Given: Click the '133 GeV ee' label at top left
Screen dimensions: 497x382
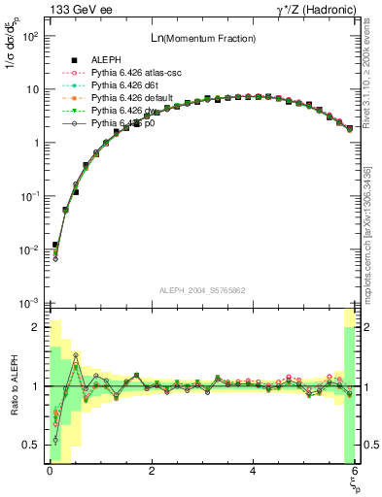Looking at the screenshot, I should [x=79, y=11].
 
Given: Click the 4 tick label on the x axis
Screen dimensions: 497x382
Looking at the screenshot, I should [x=253, y=471].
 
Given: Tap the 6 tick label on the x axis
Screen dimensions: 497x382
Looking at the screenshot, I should [x=355, y=471].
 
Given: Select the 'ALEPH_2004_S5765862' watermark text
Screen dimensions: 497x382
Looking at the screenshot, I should [x=201, y=290].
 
